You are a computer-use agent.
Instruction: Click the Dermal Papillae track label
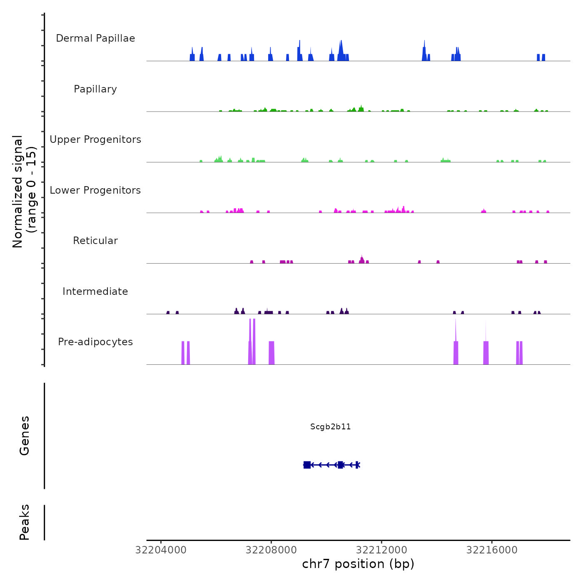(95, 38)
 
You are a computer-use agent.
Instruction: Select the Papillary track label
(95, 89)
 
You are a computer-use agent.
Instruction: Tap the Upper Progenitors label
(95, 140)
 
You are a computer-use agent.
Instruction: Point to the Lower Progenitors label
(95, 190)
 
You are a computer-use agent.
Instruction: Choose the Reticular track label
(95, 241)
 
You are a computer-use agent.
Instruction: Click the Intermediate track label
(95, 291)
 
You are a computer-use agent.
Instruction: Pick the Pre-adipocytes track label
(95, 342)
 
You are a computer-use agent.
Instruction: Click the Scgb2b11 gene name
(331, 427)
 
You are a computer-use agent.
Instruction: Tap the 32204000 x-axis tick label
(161, 550)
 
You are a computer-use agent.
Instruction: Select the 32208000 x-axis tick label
(271, 550)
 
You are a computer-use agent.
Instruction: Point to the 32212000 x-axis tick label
(381, 550)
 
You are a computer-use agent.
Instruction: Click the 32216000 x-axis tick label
(492, 550)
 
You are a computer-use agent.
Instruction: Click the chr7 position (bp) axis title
(358, 564)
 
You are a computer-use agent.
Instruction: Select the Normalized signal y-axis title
(24, 191)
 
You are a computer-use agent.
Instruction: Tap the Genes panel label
(25, 436)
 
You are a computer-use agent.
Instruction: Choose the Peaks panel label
(25, 522)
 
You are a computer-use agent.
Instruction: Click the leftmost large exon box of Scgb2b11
(307, 465)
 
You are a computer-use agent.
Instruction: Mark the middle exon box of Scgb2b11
(341, 465)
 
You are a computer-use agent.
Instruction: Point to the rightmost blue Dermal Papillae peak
(543, 57)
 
